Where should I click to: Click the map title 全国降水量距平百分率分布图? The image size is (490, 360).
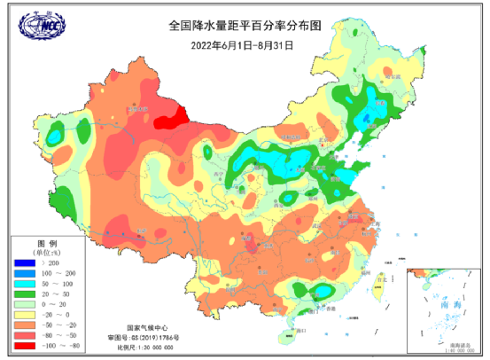tap(244, 26)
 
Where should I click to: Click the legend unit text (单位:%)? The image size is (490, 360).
tap(46, 253)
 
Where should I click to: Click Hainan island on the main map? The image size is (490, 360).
tap(285, 335)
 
